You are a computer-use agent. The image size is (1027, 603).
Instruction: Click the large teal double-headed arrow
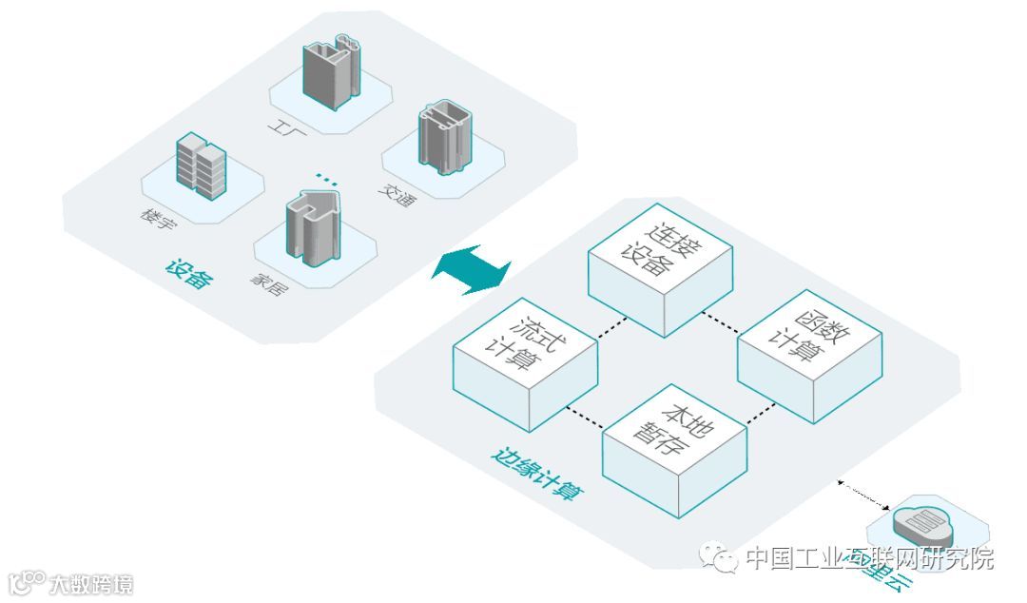point(471,265)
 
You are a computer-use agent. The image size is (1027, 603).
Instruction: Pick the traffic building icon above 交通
point(444,141)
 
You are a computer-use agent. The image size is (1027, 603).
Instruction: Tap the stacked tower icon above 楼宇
point(202,165)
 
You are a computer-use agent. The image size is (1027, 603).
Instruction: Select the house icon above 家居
point(313,228)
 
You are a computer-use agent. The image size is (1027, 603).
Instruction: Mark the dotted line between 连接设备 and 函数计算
point(720,321)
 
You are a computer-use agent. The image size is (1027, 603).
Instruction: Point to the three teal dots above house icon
point(326,178)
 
